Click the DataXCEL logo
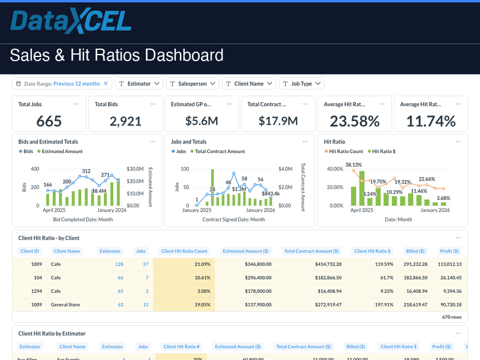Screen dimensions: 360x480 tap(71, 21)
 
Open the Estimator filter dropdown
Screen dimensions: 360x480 tap(139, 84)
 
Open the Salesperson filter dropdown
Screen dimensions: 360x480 tap(193, 84)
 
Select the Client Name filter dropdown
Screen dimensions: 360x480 tap(248, 84)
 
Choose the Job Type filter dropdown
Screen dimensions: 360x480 tap(301, 84)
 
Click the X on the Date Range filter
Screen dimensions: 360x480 tap(106, 84)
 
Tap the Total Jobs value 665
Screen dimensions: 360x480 tap(49, 121)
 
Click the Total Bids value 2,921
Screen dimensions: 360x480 tap(125, 121)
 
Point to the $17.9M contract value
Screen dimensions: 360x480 tap(278, 121)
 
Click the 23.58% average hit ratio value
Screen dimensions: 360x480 tap(355, 121)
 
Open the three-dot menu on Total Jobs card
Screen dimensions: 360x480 tap(76, 104)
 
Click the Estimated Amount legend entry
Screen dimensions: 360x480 tap(62, 152)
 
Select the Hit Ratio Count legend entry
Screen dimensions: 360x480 tap(346, 152)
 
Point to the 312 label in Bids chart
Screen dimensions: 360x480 tap(86, 172)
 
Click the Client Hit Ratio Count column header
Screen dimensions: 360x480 tap(184, 251)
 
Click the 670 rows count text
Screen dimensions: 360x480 tap(452, 316)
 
